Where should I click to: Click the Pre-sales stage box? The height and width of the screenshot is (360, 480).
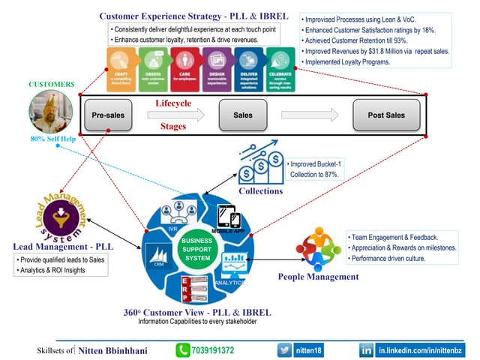pos(108,115)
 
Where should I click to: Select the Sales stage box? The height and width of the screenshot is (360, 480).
pos(242,115)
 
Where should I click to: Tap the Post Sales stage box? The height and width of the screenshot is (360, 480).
pos(385,115)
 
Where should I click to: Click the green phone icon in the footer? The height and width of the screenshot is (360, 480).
pos(183,350)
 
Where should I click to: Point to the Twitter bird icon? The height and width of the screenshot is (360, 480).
pos(285,350)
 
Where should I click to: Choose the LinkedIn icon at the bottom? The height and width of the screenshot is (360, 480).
pos(367,350)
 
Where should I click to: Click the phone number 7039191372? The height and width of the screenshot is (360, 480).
pos(214,350)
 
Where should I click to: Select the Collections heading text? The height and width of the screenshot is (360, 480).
pos(260,191)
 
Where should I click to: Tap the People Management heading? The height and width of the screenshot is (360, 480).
pos(318,277)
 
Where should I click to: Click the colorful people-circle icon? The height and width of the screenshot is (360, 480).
pos(318,249)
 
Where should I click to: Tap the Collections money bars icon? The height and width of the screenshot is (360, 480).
pos(260,161)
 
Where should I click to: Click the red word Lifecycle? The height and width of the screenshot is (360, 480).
pos(173,102)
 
